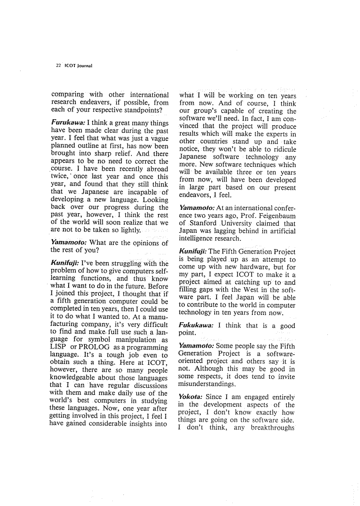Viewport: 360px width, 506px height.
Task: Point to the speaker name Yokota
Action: click(x=191, y=397)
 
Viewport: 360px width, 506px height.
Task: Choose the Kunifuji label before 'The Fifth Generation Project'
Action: click(x=193, y=252)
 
